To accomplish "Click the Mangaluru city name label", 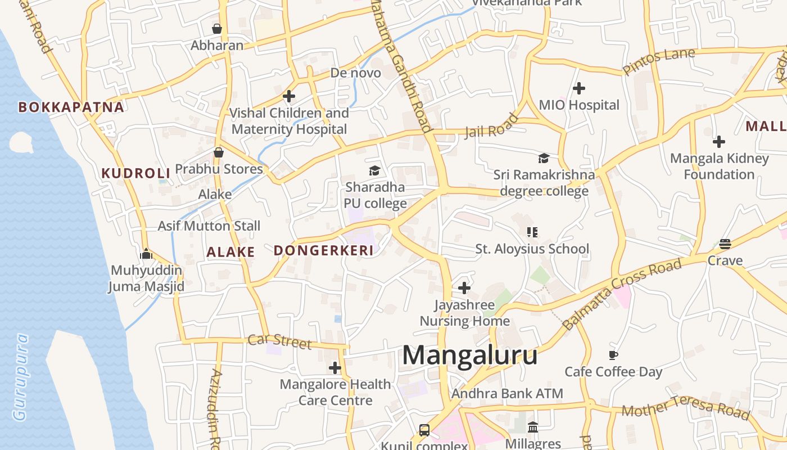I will [469, 356].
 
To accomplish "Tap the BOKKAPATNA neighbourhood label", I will [71, 107].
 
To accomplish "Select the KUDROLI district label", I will [135, 173].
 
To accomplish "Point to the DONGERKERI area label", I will [324, 251].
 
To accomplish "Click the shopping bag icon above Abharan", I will [217, 29].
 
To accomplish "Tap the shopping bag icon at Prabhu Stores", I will [219, 152].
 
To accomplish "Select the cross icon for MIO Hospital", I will [579, 88].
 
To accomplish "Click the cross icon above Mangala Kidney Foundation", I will [719, 142].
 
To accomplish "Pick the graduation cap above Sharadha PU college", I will [374, 170].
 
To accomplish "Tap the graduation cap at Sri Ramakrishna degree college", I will [544, 159].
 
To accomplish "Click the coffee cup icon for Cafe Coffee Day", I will [613, 355].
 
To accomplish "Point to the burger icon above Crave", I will [725, 244].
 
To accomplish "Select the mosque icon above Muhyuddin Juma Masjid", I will [146, 254].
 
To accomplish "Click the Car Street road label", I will [279, 341].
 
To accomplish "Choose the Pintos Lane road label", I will [659, 61].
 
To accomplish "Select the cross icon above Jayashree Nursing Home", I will [464, 288].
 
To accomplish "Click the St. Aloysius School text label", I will [532, 249].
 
